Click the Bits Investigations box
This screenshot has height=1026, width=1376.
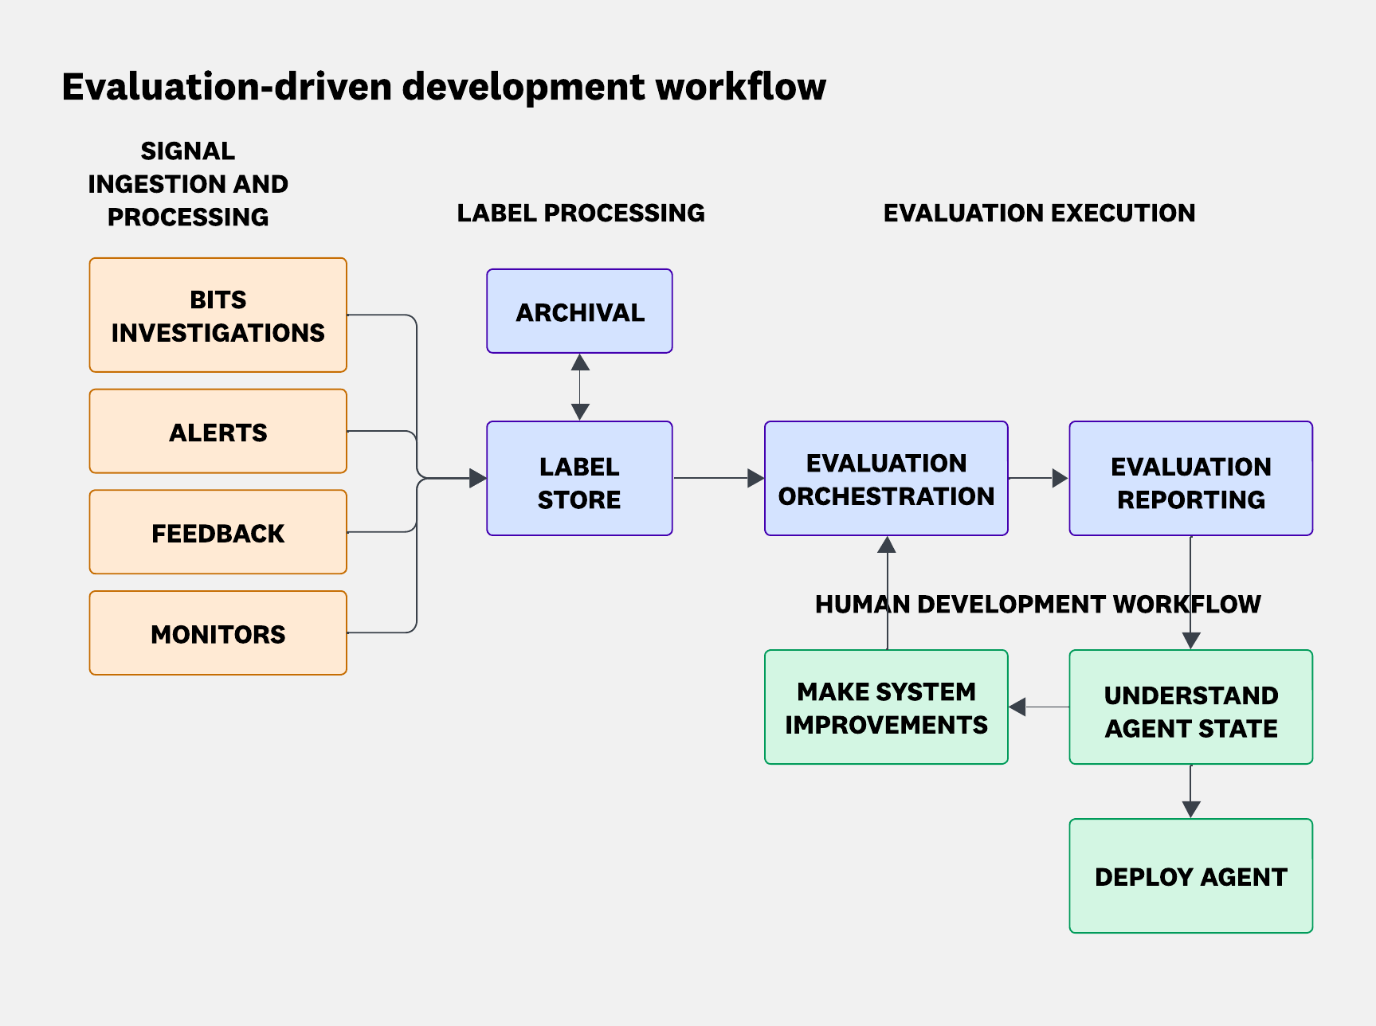(218, 315)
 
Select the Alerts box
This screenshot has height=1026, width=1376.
(218, 432)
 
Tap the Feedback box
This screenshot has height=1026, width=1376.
(218, 532)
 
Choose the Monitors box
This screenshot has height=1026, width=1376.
(218, 633)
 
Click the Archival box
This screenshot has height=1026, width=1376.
(579, 311)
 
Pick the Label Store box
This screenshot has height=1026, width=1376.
(579, 479)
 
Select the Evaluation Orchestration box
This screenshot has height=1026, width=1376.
(886, 479)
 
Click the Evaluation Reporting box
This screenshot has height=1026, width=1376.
(1190, 479)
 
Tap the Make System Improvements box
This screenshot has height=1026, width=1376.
(886, 707)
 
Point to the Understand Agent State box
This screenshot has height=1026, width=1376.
(1190, 707)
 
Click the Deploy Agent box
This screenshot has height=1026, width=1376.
(1190, 876)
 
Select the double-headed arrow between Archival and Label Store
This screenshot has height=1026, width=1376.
(580, 387)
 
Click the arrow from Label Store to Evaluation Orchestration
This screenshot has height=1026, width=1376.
(717, 478)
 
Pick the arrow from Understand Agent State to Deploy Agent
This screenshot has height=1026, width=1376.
(1190, 792)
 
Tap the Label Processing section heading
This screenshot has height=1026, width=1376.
(580, 213)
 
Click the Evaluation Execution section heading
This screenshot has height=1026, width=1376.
(1039, 213)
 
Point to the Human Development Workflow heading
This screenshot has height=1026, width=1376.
(1037, 604)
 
